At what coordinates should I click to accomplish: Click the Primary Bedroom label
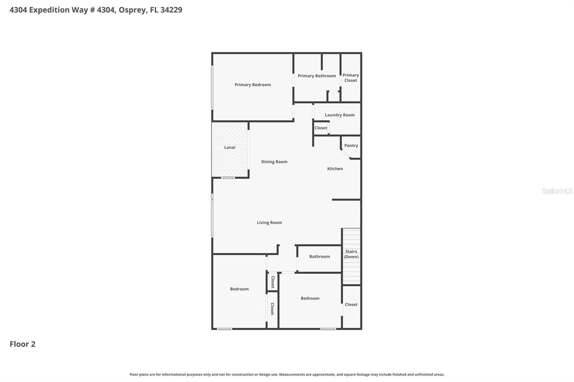(253, 85)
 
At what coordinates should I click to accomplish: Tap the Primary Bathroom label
(316, 76)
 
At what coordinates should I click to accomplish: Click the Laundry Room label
(339, 115)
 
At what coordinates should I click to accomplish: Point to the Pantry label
(351, 145)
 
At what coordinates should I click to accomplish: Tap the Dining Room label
(274, 162)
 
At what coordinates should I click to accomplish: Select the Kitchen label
(335, 169)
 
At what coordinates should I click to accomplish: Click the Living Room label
(269, 223)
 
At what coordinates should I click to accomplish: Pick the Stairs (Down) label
(351, 254)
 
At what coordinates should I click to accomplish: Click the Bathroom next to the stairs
(319, 257)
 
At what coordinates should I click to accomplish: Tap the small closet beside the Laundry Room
(321, 128)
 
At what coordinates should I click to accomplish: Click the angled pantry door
(345, 154)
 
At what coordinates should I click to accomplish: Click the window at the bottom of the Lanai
(227, 178)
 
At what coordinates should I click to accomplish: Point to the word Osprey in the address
(132, 10)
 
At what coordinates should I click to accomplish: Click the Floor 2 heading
(22, 344)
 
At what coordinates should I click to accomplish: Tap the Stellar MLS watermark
(557, 191)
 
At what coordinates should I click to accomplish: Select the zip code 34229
(171, 10)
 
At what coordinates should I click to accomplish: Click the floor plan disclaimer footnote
(287, 374)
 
